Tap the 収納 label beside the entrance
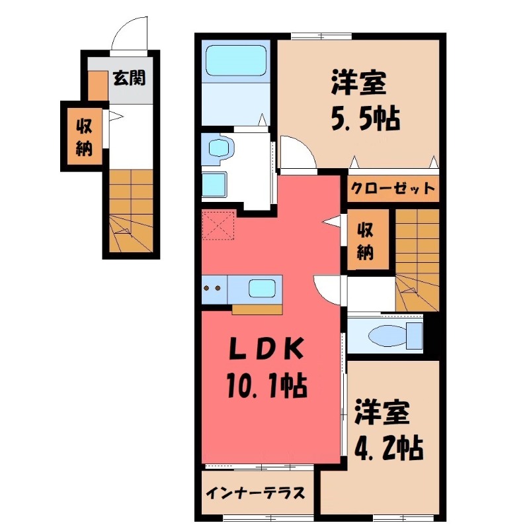tap(83, 136)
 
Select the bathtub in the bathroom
tap(235, 61)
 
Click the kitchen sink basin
tap(262, 289)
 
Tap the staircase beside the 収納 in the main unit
tap(417, 258)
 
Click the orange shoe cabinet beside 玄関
tap(97, 85)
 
